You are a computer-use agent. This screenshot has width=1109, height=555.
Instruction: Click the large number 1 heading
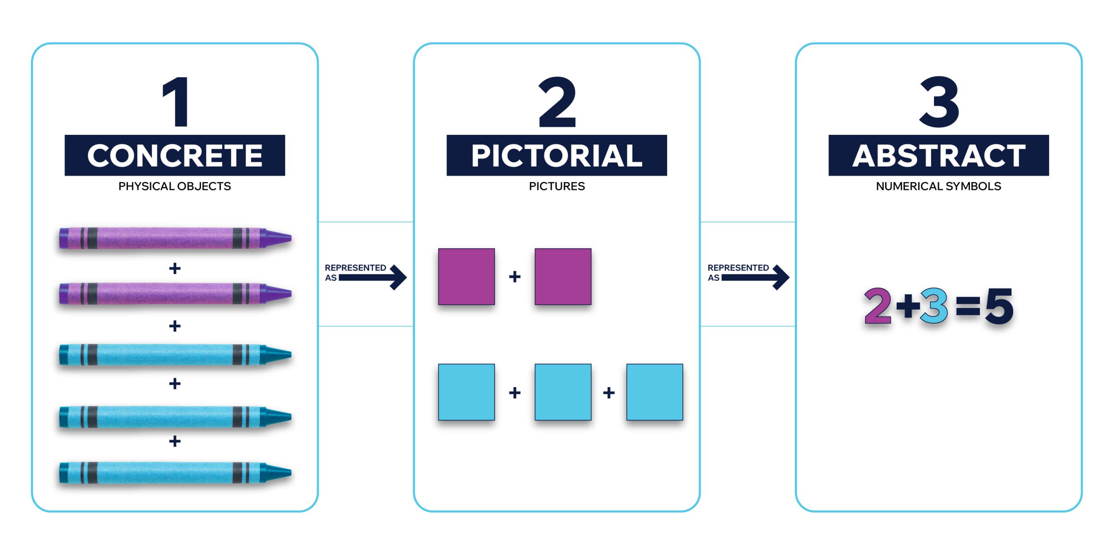(x=177, y=102)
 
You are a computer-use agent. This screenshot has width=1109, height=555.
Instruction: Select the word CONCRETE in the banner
(x=175, y=156)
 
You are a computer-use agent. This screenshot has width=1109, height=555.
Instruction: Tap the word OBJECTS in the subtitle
(x=204, y=186)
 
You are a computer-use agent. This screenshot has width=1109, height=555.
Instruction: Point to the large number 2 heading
(x=557, y=102)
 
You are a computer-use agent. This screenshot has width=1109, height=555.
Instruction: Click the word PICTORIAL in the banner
(x=557, y=156)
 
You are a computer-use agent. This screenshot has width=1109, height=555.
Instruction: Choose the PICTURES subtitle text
(x=557, y=186)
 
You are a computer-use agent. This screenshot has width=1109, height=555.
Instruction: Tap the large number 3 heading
(x=939, y=102)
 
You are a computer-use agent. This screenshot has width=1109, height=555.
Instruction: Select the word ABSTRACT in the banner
(x=939, y=156)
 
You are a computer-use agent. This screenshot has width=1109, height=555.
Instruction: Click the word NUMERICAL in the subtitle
(x=909, y=186)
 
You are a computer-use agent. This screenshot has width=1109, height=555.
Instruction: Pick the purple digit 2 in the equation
(x=878, y=306)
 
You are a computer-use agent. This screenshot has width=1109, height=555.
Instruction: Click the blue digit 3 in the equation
(x=934, y=306)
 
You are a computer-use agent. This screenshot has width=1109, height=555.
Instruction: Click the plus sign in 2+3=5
(x=908, y=306)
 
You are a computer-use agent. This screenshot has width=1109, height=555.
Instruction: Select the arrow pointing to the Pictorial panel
(x=373, y=277)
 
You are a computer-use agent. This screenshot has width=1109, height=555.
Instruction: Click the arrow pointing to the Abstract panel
(x=756, y=277)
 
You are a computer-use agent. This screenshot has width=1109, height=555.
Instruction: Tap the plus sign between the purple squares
(x=515, y=277)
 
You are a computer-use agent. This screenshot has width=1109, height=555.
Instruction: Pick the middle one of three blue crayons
(x=175, y=417)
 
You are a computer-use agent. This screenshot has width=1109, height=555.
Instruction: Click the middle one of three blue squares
(x=563, y=392)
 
